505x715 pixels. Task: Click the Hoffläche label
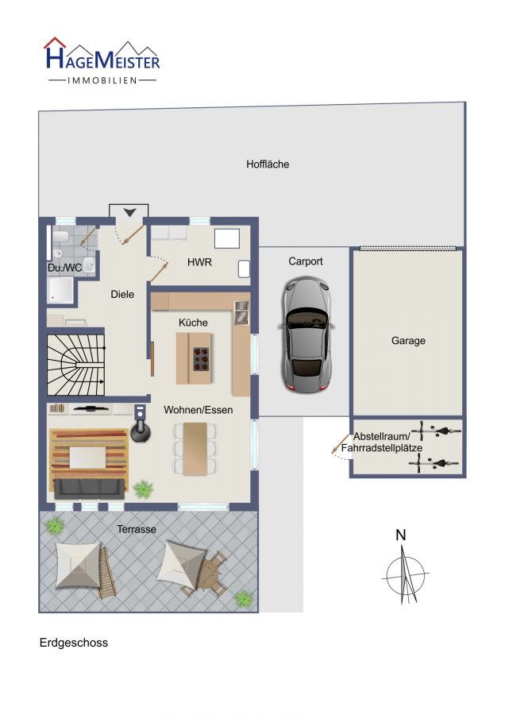point(268,164)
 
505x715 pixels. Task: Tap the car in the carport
point(306,335)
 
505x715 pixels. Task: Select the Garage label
point(408,341)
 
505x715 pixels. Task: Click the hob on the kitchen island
point(201,359)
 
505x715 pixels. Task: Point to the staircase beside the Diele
point(76,365)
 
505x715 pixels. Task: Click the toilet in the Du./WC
point(60,237)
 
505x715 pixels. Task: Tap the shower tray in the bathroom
point(61,290)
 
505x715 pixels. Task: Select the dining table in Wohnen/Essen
point(195,449)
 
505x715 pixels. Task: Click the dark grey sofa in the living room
point(90,489)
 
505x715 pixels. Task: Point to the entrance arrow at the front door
point(129,212)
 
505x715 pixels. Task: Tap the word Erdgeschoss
point(74,643)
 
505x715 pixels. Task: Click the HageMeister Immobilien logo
point(102,61)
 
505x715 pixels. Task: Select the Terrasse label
point(137,529)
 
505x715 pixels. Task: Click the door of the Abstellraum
point(340,443)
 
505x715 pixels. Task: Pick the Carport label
point(306,261)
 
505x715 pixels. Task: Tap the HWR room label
point(199,262)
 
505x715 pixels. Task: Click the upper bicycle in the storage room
point(436,431)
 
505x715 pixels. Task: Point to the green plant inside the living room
point(143,489)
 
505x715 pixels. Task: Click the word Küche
point(193,323)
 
